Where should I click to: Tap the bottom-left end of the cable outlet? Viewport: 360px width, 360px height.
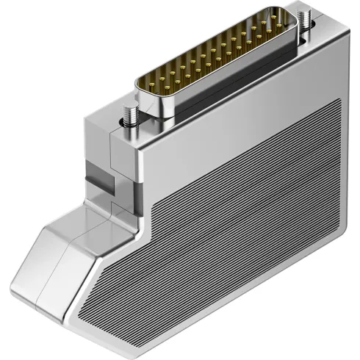point(18,294)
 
